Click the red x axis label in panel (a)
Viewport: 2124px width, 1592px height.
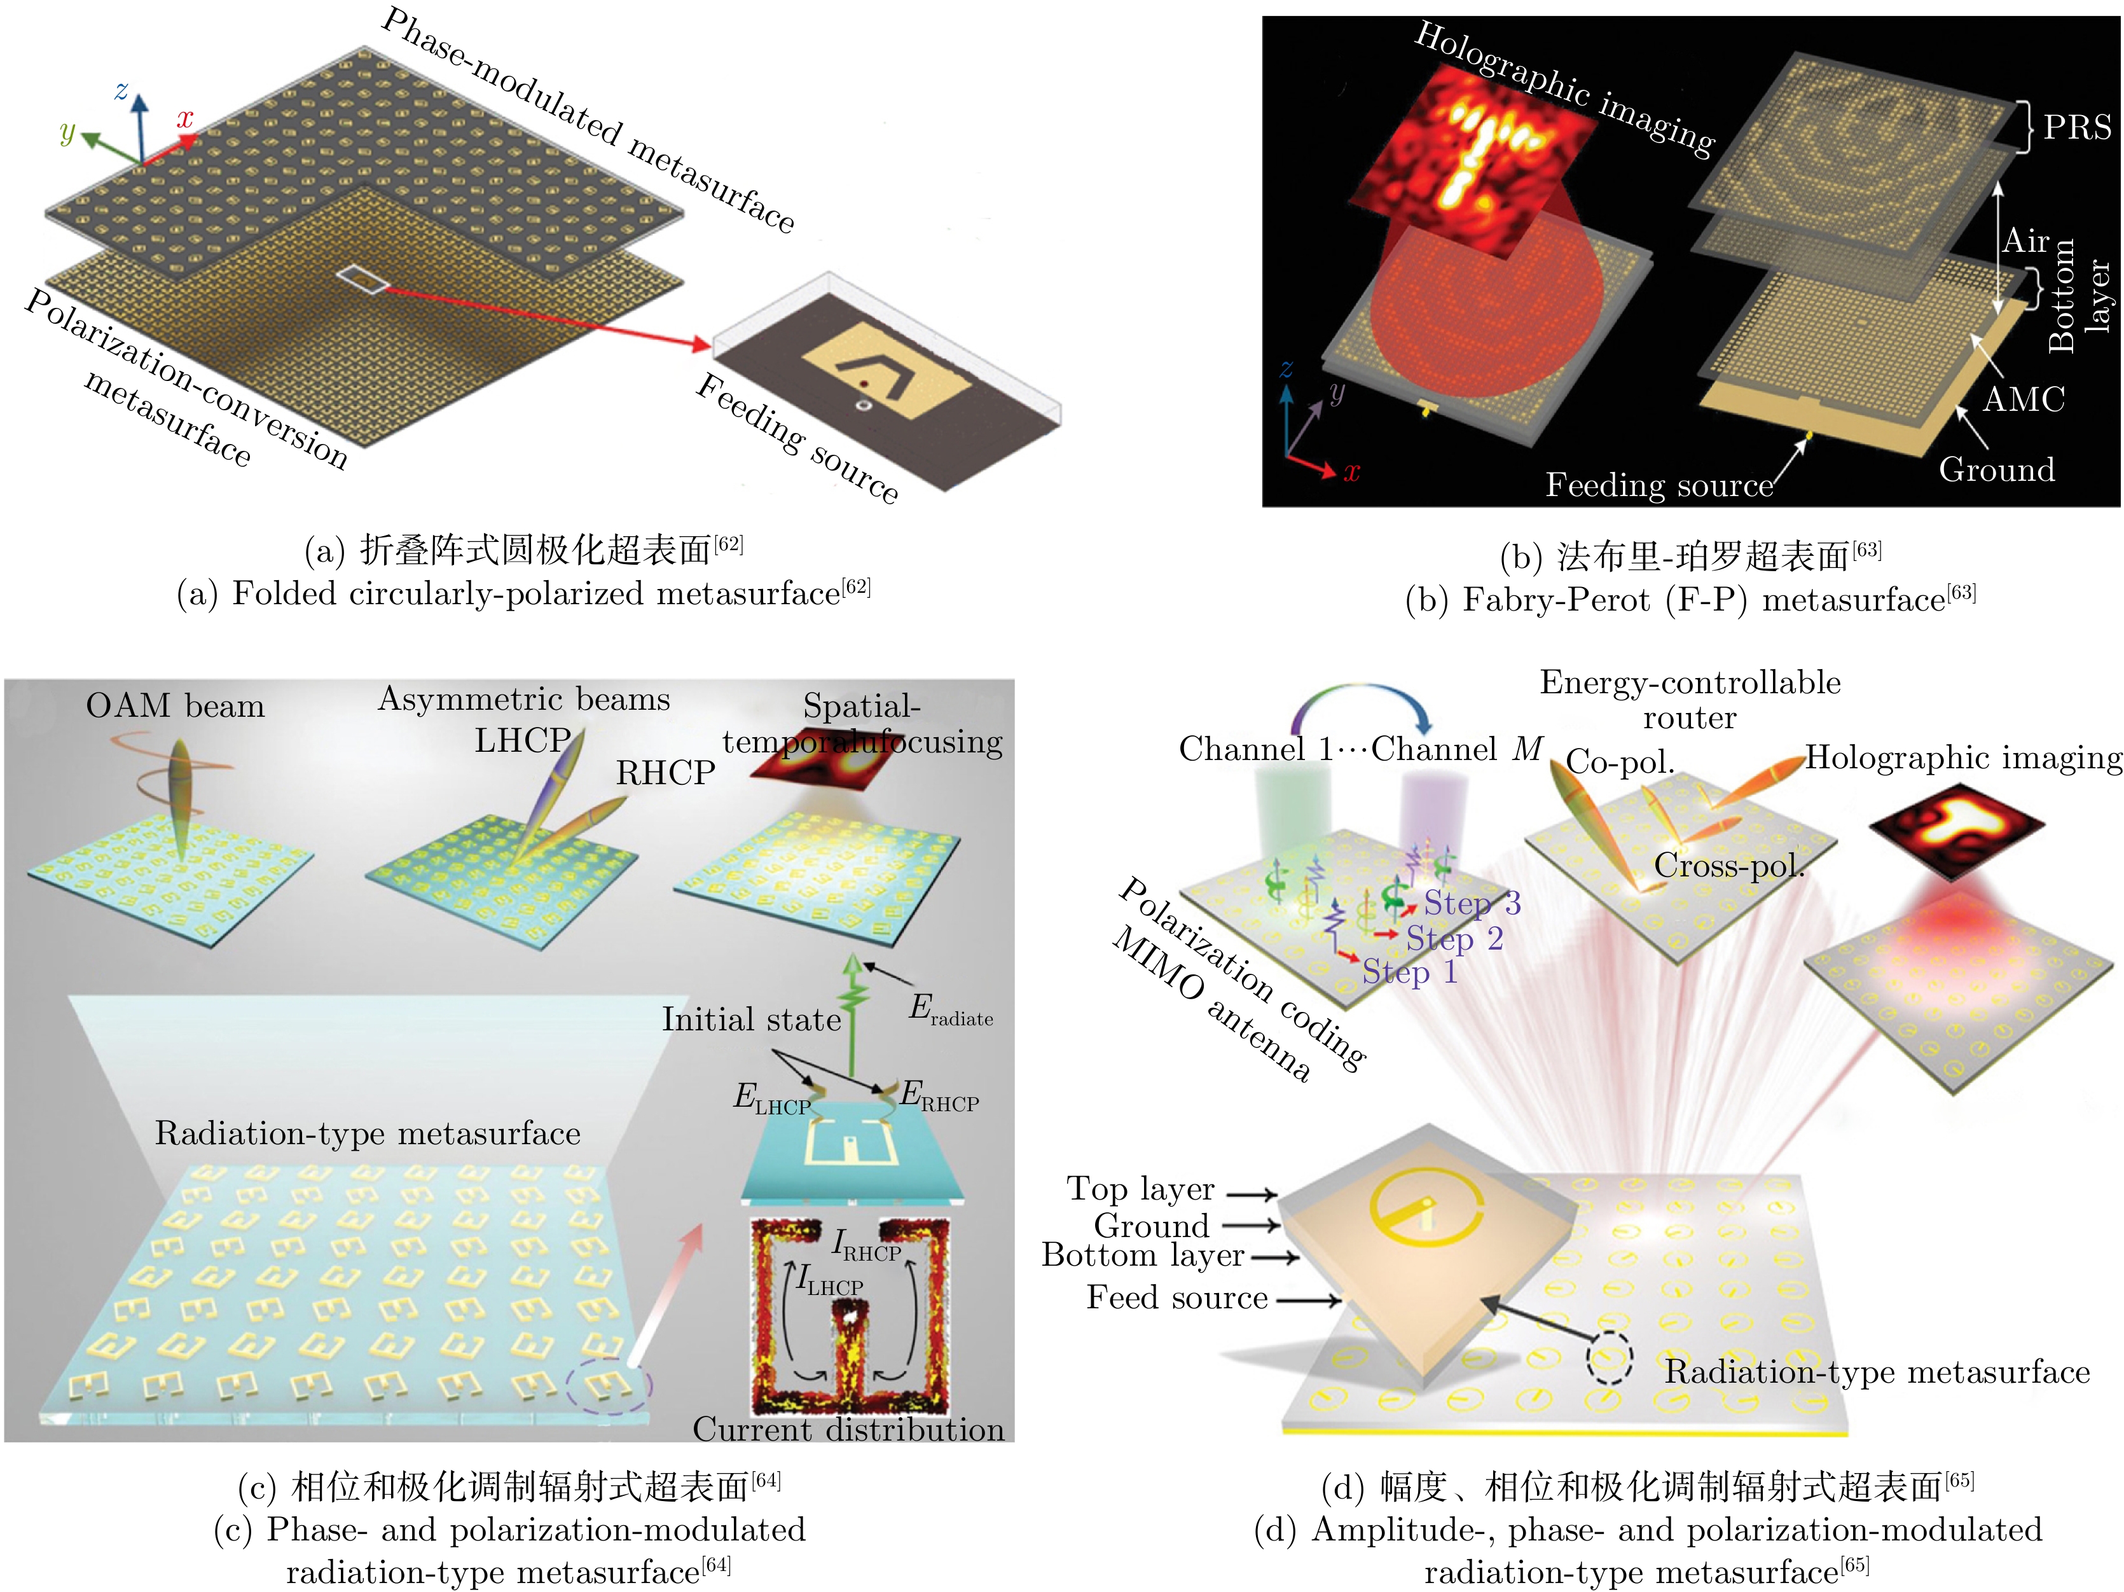click(184, 118)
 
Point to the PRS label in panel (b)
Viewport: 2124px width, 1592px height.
click(2077, 127)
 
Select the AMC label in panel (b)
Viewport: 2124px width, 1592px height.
click(2023, 399)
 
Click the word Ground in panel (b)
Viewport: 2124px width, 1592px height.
click(1996, 469)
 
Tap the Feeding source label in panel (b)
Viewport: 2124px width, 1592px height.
click(1659, 485)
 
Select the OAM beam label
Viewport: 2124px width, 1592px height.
click(175, 706)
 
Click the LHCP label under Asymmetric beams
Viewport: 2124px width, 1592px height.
click(521, 740)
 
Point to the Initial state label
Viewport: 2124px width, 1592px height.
click(751, 1019)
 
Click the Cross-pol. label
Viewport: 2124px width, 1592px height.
click(1728, 866)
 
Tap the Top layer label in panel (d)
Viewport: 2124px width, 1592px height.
click(1140, 1189)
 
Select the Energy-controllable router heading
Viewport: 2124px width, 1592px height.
click(1690, 699)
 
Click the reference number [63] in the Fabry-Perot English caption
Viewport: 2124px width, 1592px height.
click(1962, 592)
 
